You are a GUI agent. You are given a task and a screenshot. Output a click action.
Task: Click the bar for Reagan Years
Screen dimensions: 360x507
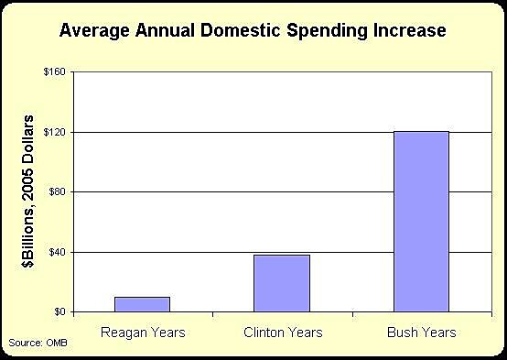click(142, 304)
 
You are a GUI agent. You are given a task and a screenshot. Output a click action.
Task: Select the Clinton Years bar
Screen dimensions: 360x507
click(282, 283)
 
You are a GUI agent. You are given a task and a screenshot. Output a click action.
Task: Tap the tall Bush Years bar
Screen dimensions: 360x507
click(421, 222)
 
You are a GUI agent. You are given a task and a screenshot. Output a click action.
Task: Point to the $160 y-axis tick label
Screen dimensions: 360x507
click(55, 72)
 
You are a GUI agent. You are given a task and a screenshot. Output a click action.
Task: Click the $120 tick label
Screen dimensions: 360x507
click(55, 133)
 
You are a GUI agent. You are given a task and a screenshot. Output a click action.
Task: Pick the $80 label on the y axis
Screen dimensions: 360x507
click(57, 192)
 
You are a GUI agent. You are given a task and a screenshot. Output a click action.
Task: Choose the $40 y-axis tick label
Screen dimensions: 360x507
click(57, 252)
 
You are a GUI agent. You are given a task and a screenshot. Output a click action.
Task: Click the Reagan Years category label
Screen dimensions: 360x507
click(142, 331)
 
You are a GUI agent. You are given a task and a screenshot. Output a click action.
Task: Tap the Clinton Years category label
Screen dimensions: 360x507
click(282, 331)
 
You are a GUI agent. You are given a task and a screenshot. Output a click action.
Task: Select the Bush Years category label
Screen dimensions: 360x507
click(421, 331)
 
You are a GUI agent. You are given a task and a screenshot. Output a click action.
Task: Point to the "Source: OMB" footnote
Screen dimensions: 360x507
click(38, 343)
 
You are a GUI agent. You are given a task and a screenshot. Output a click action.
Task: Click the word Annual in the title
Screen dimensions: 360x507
click(154, 30)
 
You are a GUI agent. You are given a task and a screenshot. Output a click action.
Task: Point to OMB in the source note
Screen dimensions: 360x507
click(56, 343)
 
